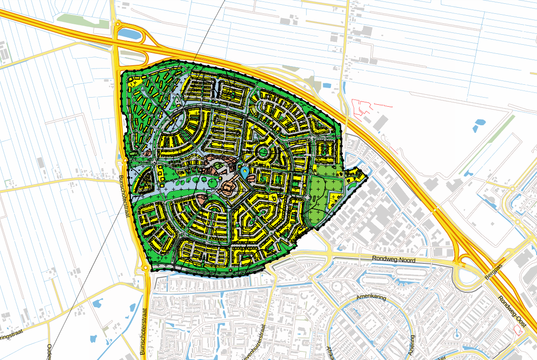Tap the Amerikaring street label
click(x=371, y=298)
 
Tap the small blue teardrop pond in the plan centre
click(x=245, y=170)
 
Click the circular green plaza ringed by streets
click(x=262, y=153)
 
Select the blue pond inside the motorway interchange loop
click(x=129, y=33)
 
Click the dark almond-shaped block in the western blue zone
click(x=146, y=181)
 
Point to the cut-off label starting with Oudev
click(x=49, y=351)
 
